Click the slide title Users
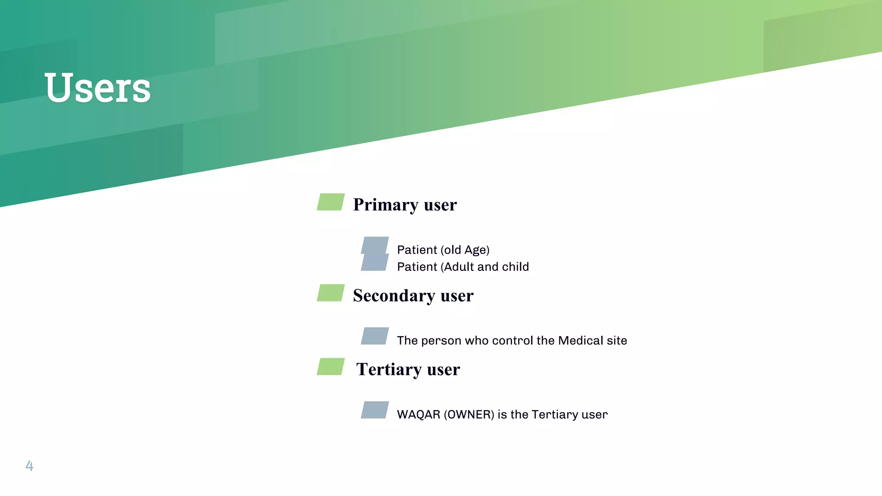(x=97, y=88)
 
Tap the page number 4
(x=29, y=465)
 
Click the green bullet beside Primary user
(x=331, y=202)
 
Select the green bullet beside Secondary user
(x=331, y=293)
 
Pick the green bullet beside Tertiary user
(x=331, y=366)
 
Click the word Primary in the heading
(x=385, y=205)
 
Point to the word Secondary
(x=394, y=296)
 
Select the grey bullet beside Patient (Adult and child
(x=375, y=263)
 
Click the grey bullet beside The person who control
(x=375, y=336)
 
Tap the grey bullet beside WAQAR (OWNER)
(x=375, y=410)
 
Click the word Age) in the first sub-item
(x=477, y=250)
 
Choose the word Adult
(x=459, y=267)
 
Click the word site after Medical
(x=617, y=341)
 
